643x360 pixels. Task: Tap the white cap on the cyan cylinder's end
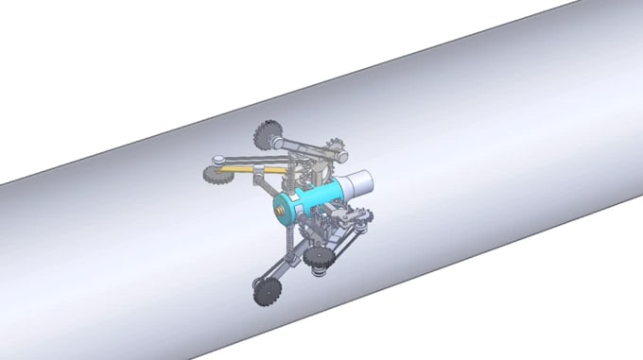click(357, 184)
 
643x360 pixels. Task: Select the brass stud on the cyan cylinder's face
click(281, 203)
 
